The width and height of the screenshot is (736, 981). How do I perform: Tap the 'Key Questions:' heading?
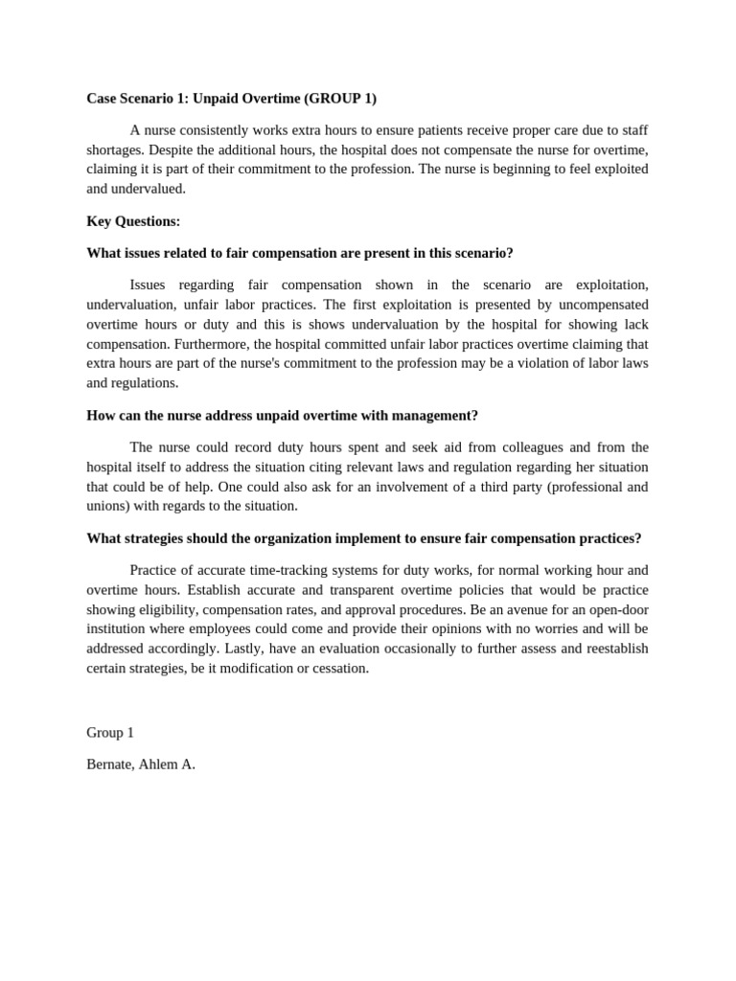(133, 221)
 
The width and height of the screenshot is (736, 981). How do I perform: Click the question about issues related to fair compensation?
(300, 253)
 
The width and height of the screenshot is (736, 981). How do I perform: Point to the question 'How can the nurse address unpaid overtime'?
(282, 415)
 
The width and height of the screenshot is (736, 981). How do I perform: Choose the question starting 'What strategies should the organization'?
(363, 538)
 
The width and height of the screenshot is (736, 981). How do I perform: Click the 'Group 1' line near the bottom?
(110, 732)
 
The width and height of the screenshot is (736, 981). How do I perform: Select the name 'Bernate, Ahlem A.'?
(141, 764)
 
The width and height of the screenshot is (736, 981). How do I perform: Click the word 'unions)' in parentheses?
(108, 506)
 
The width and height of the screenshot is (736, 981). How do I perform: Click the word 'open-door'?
(617, 609)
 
